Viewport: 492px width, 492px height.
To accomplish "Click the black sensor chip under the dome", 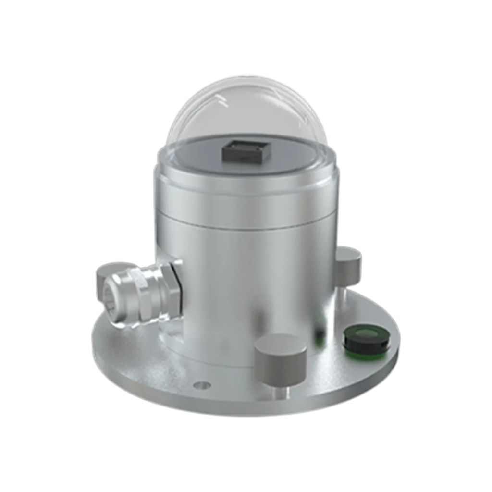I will [x=246, y=152].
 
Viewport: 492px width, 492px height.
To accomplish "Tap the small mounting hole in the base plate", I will [x=202, y=385].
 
